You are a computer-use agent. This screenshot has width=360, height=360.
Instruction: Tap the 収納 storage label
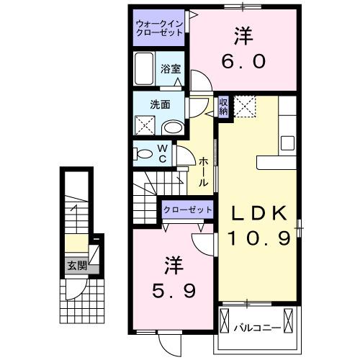point(223,107)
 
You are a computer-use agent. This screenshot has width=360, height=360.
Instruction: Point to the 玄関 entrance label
point(78,266)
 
